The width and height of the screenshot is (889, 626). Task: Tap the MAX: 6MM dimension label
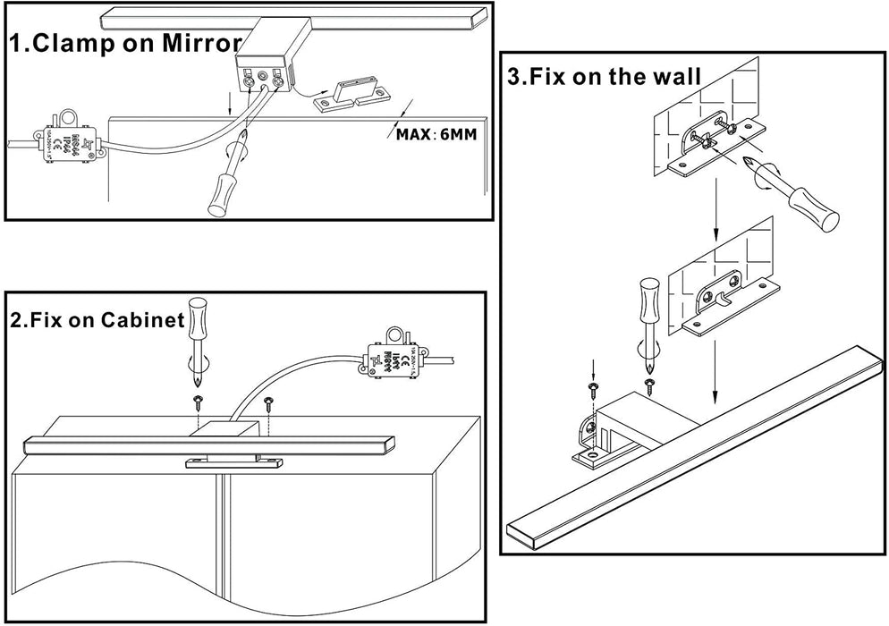click(436, 135)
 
